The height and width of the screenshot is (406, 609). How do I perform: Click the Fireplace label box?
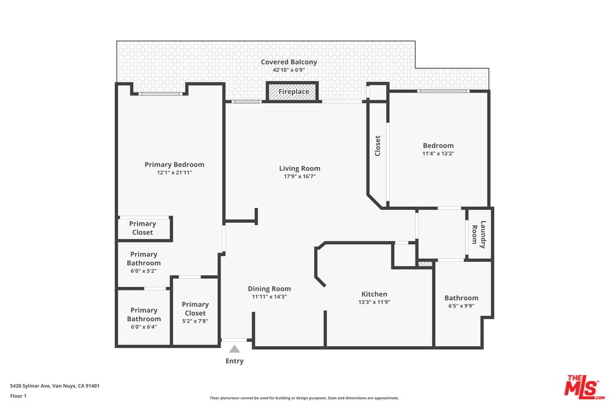coord(293,92)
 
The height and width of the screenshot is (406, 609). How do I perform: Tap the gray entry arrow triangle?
coord(235,349)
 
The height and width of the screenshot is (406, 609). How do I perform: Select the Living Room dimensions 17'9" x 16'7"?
coord(300,176)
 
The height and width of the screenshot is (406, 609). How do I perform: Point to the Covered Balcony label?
coord(289,62)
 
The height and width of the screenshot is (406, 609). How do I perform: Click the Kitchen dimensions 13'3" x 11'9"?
coord(374,302)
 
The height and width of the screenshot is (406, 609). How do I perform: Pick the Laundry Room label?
coord(479,234)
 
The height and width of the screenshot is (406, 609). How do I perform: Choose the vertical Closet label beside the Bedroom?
coord(377,145)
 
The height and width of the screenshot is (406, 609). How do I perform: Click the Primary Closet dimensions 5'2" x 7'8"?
coord(195,321)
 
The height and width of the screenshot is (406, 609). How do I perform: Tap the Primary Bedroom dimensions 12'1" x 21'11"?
coord(174,173)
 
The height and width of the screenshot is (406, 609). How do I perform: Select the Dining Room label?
coord(269,289)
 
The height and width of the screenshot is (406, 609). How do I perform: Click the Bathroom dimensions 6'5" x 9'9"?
coord(461,306)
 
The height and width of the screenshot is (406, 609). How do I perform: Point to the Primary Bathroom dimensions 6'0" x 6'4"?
coord(144,327)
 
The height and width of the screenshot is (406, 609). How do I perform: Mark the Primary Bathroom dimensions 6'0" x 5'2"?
coord(144,271)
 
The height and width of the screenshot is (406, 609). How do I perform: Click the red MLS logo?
coord(584,387)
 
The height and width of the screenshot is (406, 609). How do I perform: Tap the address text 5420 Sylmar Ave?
coord(30,386)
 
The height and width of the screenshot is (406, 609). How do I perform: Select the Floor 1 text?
coord(18,396)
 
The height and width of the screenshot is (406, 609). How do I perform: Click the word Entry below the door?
coord(235,361)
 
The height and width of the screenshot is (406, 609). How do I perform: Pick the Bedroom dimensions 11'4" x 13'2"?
coord(438,153)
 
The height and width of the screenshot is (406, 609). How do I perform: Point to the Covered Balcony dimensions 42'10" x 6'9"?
coord(289,70)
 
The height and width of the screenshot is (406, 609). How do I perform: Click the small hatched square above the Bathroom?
coord(425,264)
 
